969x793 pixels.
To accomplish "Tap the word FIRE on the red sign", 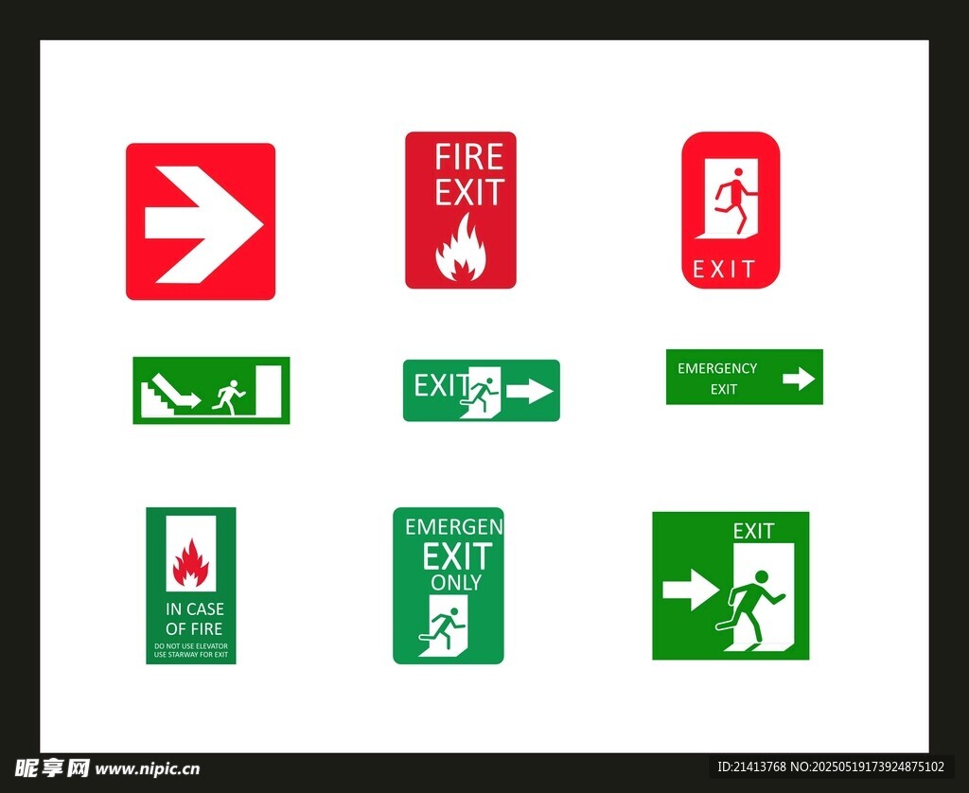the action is pyautogui.click(x=469, y=157).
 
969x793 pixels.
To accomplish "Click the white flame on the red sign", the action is pyautogui.click(x=461, y=247).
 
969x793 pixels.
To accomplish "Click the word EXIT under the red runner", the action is pyautogui.click(x=724, y=269).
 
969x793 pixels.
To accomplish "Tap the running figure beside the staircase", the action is pyautogui.click(x=228, y=397).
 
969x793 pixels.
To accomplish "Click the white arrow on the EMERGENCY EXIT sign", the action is pyautogui.click(x=799, y=379).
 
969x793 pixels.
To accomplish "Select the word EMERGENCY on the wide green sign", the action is pyautogui.click(x=717, y=368).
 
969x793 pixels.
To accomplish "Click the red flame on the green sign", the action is pyautogui.click(x=191, y=562).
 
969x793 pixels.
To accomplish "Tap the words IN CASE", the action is pyautogui.click(x=195, y=609).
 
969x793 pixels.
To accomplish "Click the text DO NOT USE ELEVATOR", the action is pyautogui.click(x=191, y=646).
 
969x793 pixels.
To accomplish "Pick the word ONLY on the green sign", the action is pyautogui.click(x=456, y=582).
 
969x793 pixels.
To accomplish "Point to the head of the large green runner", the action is pyautogui.click(x=762, y=576).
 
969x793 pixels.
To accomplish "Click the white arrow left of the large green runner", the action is pyautogui.click(x=691, y=590).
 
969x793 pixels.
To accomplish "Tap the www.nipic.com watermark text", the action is pyautogui.click(x=147, y=769).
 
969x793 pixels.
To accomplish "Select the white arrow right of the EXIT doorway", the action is pyautogui.click(x=530, y=391).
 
